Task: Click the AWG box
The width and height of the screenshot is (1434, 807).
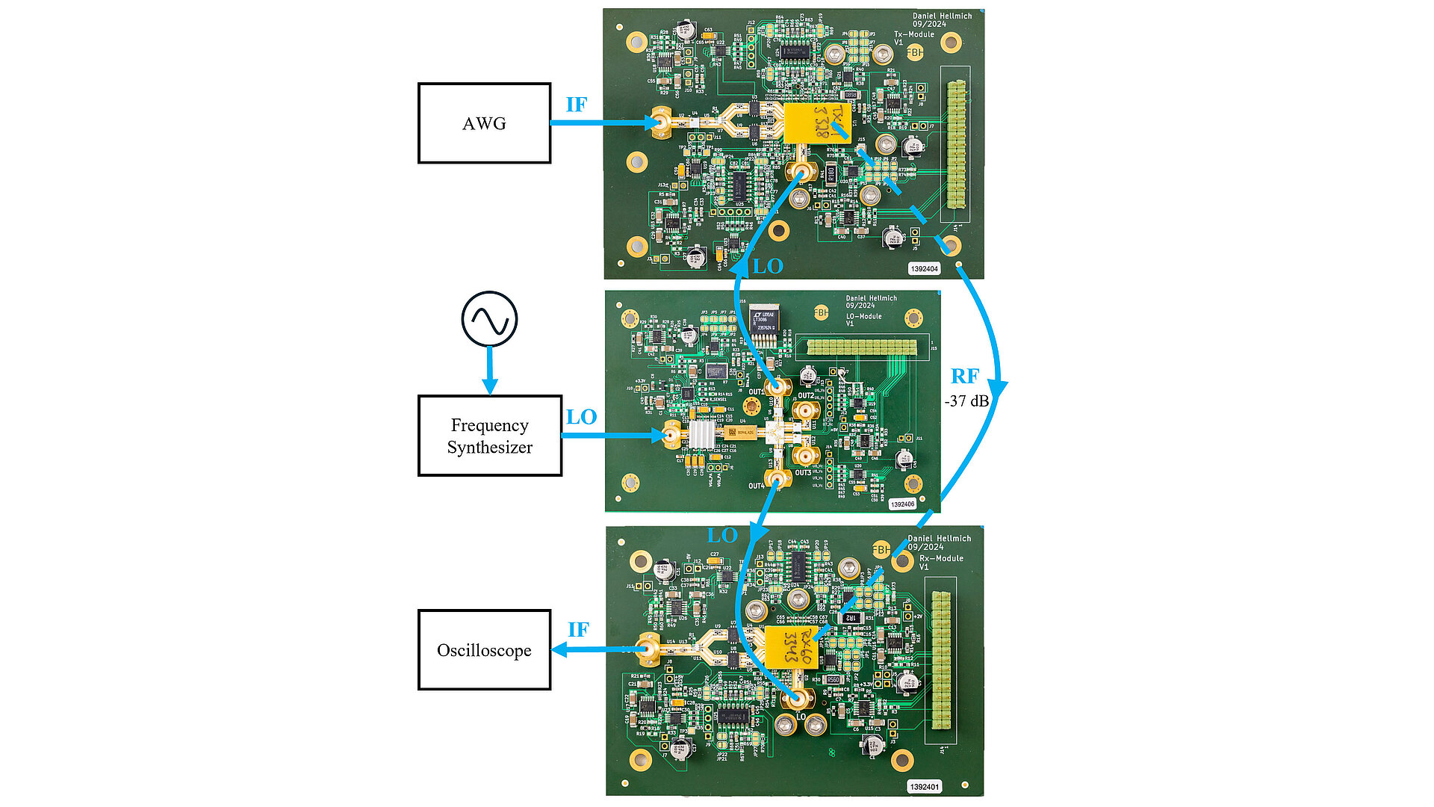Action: (x=484, y=123)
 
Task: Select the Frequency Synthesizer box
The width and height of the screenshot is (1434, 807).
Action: (x=489, y=436)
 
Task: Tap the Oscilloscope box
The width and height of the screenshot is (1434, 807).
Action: (x=484, y=650)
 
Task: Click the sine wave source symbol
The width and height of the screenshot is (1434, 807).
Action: (x=489, y=319)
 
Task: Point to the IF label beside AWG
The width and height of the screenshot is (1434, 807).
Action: (x=576, y=105)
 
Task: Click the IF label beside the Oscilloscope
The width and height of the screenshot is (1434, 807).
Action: (x=578, y=630)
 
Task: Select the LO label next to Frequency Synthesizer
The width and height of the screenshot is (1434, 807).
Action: (x=581, y=417)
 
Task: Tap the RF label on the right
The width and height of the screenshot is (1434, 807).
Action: (x=964, y=377)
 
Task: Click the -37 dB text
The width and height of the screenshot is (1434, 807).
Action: (x=966, y=401)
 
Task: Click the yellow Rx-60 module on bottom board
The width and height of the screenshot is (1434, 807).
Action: (x=789, y=646)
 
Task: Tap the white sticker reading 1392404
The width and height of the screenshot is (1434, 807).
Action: (x=924, y=268)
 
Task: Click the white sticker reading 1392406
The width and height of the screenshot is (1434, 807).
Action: (x=902, y=504)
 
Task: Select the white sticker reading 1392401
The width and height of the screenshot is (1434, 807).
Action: (x=924, y=787)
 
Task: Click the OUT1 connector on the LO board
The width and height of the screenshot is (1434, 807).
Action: (x=777, y=387)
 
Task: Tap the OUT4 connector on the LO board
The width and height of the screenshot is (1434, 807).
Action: (x=777, y=480)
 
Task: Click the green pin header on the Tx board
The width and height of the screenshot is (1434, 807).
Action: (x=955, y=145)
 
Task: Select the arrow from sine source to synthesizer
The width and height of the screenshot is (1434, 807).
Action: (x=489, y=370)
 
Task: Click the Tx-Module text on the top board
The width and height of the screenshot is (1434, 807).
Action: (x=914, y=34)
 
